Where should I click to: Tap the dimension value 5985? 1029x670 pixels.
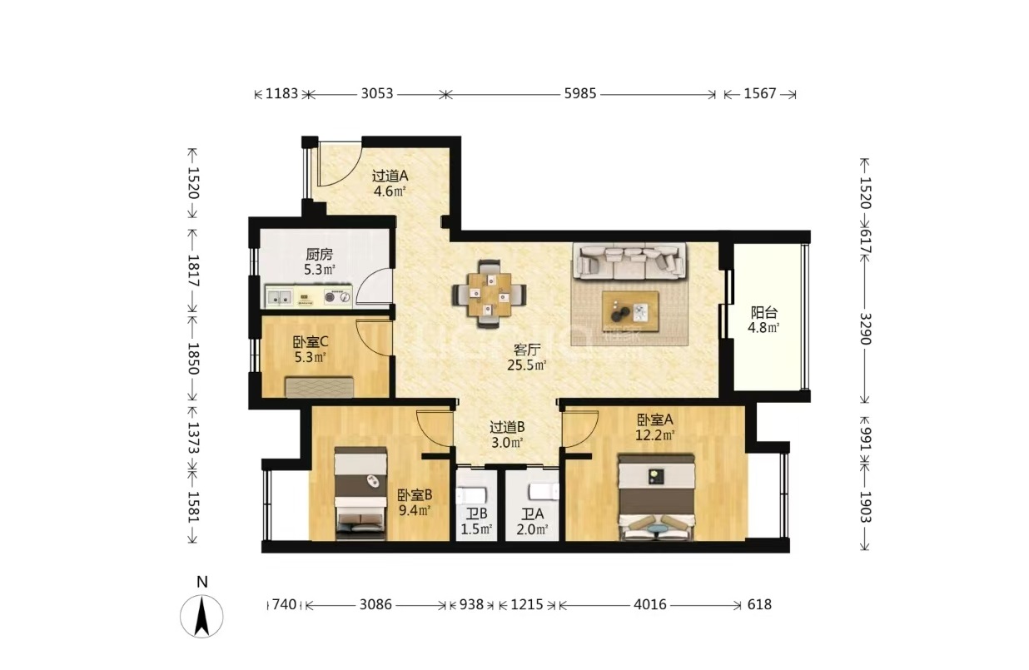[579, 94]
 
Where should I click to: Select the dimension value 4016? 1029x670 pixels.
[650, 604]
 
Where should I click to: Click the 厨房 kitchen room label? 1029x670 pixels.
[319, 254]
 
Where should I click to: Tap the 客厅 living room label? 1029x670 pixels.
[527, 350]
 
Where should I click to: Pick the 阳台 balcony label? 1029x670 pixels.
[764, 313]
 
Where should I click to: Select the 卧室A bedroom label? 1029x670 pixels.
[654, 419]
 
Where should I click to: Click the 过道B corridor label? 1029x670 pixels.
[507, 427]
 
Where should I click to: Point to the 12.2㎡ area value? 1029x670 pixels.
[654, 435]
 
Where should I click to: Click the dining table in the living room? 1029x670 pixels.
[490, 294]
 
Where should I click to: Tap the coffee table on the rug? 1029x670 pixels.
[630, 311]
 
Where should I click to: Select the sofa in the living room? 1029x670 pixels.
[629, 261]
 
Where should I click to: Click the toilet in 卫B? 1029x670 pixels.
[471, 495]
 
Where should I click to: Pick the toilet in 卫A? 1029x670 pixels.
[544, 492]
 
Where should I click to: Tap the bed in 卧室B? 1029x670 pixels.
[360, 493]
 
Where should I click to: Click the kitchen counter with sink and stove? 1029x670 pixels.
[309, 296]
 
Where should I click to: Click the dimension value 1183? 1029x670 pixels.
[282, 94]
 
